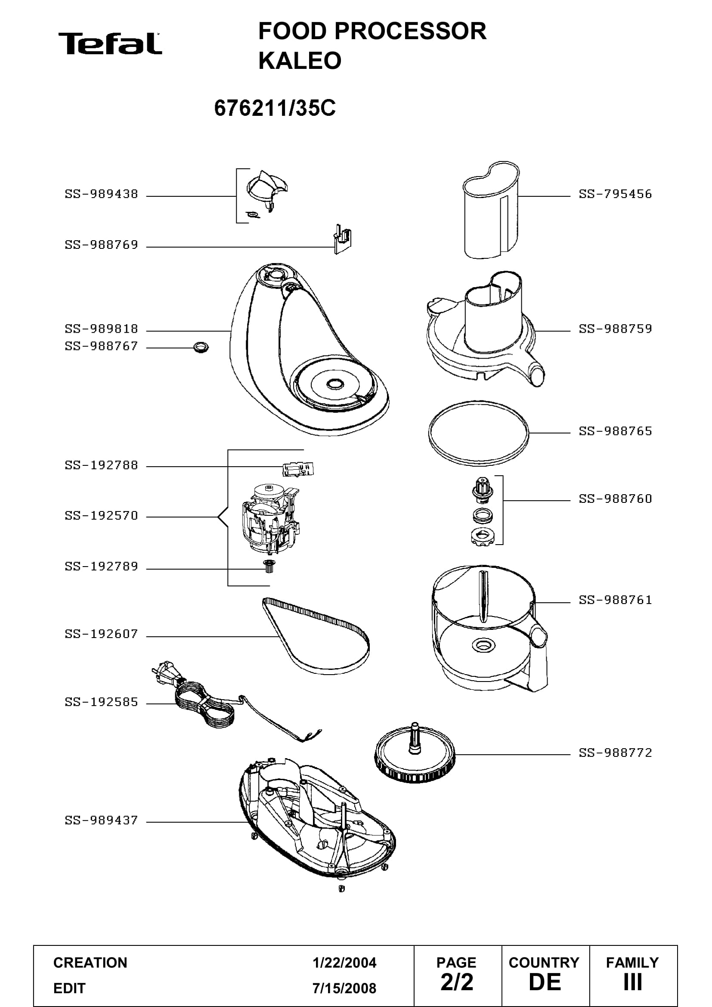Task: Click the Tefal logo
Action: (110, 43)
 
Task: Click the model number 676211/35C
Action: (275, 108)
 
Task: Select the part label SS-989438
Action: (102, 194)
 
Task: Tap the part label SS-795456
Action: (616, 194)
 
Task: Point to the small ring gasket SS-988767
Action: (201, 348)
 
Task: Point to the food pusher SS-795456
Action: (492, 210)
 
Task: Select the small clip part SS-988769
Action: (342, 239)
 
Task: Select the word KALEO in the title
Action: (300, 61)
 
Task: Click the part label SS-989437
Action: (102, 820)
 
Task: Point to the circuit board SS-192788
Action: (299, 469)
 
